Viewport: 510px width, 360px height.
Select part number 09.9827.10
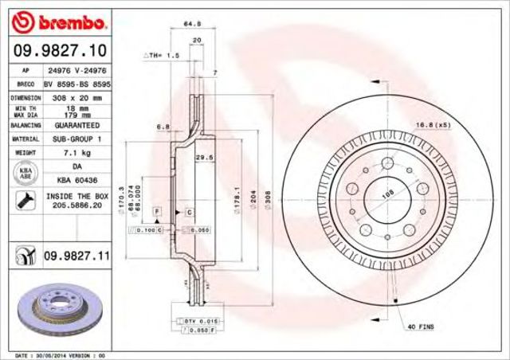(61, 50)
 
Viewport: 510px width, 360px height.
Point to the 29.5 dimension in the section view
(203, 158)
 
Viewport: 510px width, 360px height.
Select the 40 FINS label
(421, 327)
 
